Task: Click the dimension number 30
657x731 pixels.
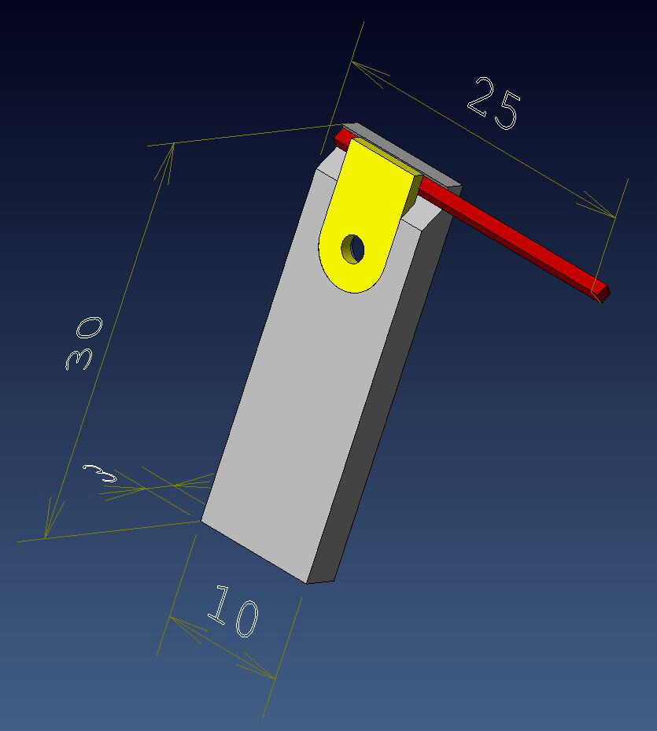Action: pyautogui.click(x=83, y=344)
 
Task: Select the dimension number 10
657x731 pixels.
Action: pyautogui.click(x=234, y=611)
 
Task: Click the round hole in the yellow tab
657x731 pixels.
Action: pyautogui.click(x=352, y=249)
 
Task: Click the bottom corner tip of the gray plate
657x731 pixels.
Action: pyautogui.click(x=307, y=583)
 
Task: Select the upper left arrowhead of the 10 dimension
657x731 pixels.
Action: pyautogui.click(x=178, y=622)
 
